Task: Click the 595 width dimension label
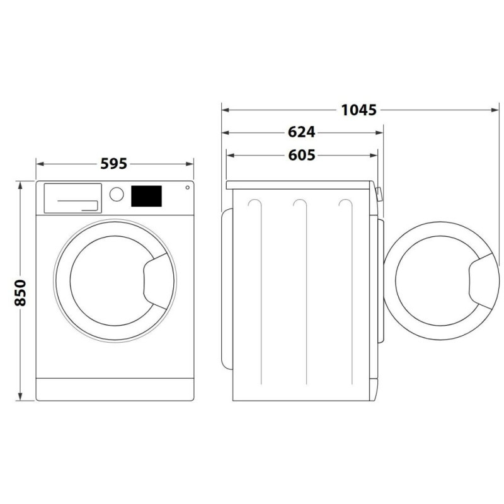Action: click(x=114, y=164)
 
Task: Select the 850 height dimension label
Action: click(x=20, y=293)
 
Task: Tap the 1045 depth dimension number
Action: click(x=358, y=110)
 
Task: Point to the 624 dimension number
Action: click(x=302, y=132)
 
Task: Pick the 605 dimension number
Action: click(x=302, y=155)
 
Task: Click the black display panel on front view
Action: click(x=146, y=196)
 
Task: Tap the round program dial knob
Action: click(x=117, y=194)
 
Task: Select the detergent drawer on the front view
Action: click(x=72, y=198)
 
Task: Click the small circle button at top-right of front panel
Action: click(x=187, y=187)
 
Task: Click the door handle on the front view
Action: click(x=156, y=281)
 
